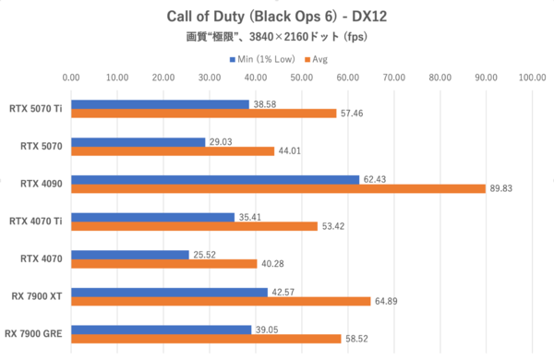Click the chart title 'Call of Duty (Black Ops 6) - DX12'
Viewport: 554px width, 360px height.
tap(276, 16)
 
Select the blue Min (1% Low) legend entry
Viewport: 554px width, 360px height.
tap(261, 58)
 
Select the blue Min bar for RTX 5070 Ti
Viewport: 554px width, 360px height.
tap(161, 104)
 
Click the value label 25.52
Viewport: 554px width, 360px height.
tap(203, 254)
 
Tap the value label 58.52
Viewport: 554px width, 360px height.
tap(355, 339)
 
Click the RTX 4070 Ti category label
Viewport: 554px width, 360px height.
tap(35, 221)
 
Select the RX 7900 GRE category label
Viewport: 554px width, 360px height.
tap(34, 333)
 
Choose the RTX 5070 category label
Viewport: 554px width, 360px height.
tap(42, 146)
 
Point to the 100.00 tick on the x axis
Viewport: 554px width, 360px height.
tap(531, 78)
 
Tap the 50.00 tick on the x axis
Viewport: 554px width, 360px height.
tap(302, 78)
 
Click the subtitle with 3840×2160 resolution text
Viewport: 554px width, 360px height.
tap(276, 38)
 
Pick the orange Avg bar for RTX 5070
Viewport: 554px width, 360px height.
tap(173, 150)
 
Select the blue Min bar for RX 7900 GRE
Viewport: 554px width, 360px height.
tap(162, 329)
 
